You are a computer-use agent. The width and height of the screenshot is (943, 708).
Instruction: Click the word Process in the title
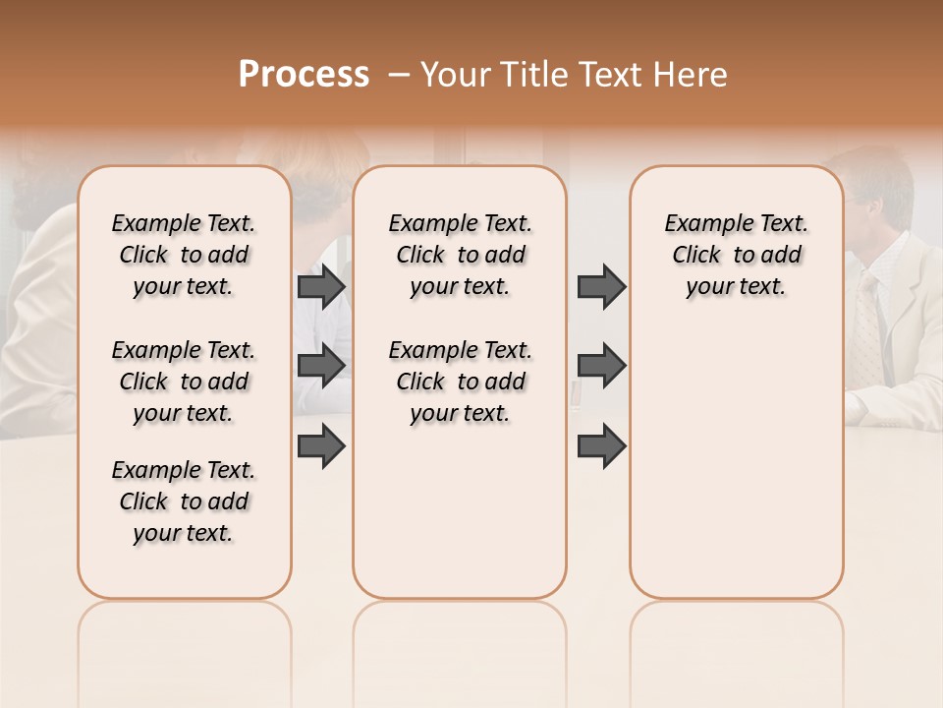click(x=304, y=74)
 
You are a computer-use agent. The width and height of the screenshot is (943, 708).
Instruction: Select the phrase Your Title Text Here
click(x=574, y=75)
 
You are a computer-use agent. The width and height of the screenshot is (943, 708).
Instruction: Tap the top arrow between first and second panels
click(x=321, y=286)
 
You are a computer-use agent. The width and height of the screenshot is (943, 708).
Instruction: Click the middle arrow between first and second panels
click(x=321, y=365)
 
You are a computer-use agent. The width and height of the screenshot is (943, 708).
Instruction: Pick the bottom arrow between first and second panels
click(x=321, y=446)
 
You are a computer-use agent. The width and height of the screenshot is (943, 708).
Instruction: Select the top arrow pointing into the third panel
click(x=601, y=286)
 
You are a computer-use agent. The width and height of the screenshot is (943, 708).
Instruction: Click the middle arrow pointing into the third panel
click(x=601, y=365)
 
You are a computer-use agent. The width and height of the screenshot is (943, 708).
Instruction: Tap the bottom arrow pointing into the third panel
click(x=601, y=446)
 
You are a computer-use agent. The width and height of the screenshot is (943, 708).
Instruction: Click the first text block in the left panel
click(x=184, y=255)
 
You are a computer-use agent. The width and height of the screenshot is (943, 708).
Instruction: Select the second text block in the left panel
click(x=184, y=382)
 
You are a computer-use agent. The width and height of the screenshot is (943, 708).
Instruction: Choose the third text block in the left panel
click(x=184, y=501)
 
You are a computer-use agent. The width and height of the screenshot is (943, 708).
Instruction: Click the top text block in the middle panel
click(x=460, y=255)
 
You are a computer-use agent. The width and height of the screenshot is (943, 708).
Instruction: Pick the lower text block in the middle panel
click(x=460, y=382)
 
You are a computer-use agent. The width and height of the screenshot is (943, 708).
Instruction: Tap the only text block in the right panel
click(x=736, y=255)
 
